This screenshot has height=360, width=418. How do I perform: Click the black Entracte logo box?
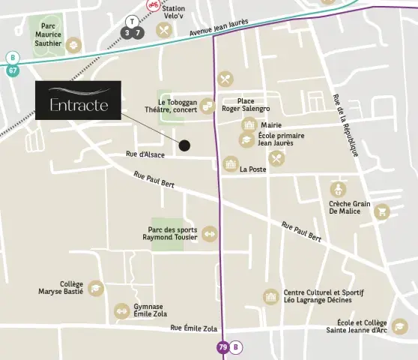(78, 100)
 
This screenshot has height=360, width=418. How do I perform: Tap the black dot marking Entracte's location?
(184, 145)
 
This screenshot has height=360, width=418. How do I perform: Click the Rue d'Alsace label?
(145, 154)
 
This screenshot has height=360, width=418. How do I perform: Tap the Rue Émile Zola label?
(193, 328)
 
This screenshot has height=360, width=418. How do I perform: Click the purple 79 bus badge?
(222, 347)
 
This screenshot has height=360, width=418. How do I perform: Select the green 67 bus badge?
(13, 70)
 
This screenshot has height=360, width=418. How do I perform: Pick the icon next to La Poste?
(231, 163)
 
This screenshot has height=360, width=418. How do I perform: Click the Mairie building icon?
(249, 125)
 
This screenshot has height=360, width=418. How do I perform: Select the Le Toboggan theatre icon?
(209, 106)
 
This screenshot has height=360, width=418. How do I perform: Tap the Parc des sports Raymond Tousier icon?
(209, 233)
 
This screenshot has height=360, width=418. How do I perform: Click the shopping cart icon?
(382, 211)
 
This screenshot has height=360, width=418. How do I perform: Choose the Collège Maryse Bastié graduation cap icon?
(95, 288)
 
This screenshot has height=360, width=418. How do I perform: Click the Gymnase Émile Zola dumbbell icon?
(121, 310)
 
